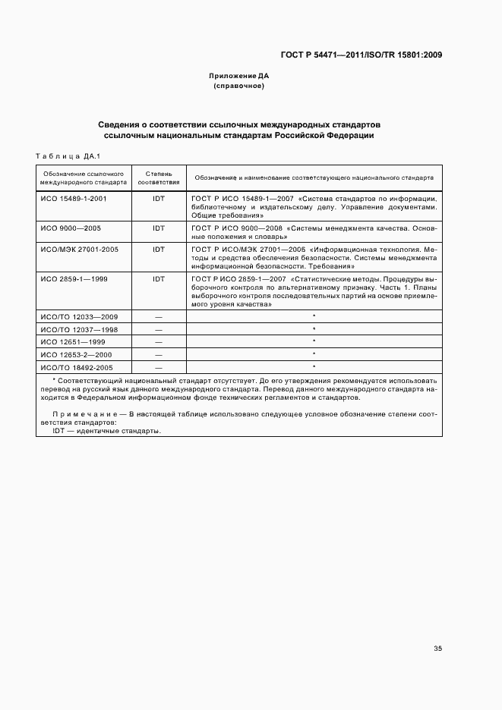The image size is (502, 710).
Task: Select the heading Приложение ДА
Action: pos(238,76)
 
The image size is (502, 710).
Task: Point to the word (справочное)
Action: pos(238,86)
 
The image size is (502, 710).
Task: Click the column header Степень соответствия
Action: pos(159,178)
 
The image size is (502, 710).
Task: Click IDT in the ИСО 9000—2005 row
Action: pos(159,228)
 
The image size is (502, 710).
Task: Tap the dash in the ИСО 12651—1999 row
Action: pos(159,342)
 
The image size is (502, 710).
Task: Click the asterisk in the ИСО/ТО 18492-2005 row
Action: pos(314,367)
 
